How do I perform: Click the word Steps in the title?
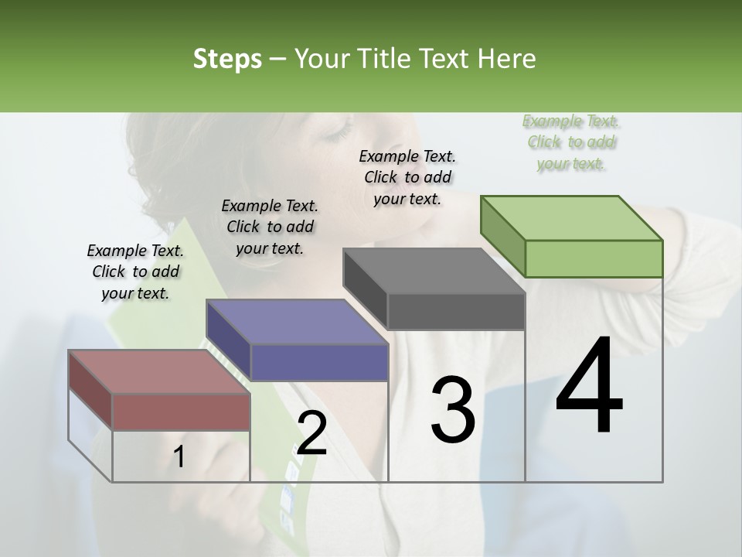[227, 59]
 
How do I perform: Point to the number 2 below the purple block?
[311, 433]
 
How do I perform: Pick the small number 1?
[179, 457]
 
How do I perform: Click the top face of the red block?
[158, 371]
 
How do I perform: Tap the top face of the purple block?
[297, 321]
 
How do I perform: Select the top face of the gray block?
[434, 271]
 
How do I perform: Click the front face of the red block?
[182, 412]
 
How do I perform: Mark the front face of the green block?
[594, 258]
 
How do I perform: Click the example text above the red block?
[135, 272]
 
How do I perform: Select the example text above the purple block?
[270, 227]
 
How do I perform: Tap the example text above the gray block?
[407, 177]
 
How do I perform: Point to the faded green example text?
[571, 142]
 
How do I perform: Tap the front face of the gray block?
[456, 312]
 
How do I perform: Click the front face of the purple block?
[319, 362]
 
